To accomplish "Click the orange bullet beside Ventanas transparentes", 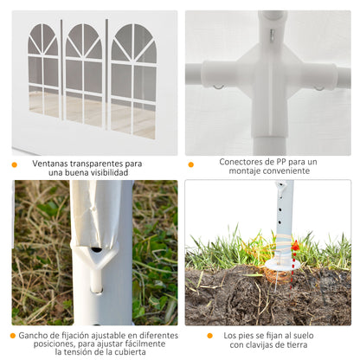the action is tap(14, 164).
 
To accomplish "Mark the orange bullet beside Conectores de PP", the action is tap(191, 164).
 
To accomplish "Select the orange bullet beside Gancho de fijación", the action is tap(13, 336).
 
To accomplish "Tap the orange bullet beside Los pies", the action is tap(210, 336).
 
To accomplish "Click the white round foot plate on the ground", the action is tap(280, 263).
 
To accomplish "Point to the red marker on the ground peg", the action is tap(295, 247).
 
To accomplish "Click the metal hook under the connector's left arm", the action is tap(219, 87).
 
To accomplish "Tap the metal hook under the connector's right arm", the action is tap(319, 87).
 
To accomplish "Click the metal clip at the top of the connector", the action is tap(272, 35).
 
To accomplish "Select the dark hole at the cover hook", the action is tap(96, 249).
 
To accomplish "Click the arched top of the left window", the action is tap(43, 39).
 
